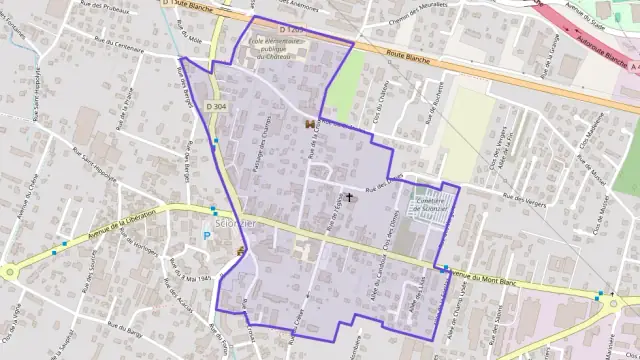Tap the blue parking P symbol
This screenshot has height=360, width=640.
[x=207, y=236]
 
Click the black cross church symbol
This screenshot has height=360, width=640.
[x=348, y=198]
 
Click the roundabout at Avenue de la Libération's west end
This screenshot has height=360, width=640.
[x=10, y=271]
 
